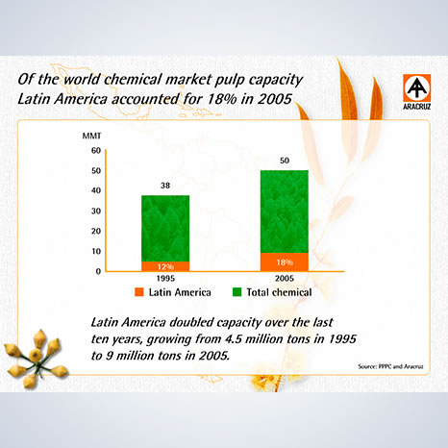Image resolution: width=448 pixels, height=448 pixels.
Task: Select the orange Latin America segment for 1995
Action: point(165,266)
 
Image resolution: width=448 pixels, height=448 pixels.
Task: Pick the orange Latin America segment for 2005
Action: point(285,262)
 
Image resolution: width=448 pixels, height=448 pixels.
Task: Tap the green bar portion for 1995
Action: point(165,229)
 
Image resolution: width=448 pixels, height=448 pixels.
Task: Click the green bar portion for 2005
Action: point(285,212)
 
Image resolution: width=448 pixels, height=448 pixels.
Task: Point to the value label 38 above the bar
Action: point(165,186)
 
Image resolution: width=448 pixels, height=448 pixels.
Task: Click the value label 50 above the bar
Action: point(285,161)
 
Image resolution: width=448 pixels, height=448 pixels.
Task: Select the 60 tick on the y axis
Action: point(96,150)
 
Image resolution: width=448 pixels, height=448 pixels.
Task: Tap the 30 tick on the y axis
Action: point(96,211)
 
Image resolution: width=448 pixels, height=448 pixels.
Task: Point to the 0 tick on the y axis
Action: point(98,271)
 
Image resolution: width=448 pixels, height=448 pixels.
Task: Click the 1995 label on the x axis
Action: point(165,278)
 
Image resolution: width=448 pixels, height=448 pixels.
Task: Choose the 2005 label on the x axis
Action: point(285,278)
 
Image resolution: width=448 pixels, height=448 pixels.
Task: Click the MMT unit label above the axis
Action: point(91,136)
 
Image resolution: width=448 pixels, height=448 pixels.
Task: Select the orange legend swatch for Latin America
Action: point(139,292)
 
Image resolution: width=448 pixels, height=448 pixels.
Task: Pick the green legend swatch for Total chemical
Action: point(236,292)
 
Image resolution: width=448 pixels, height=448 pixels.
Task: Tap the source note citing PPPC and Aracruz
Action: point(390,366)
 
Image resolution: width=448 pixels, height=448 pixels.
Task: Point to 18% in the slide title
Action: point(222,99)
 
